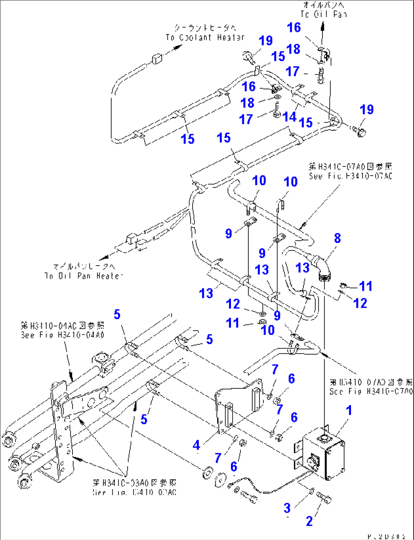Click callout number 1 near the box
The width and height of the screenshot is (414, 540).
coord(349,410)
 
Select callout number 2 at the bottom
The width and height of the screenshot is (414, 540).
coord(309,521)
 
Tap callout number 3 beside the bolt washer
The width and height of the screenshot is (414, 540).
coord(287,508)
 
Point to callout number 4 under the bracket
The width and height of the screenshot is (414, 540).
coord(196,445)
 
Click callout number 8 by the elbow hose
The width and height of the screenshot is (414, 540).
coord(337,238)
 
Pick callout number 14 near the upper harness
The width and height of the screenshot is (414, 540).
coord(289,117)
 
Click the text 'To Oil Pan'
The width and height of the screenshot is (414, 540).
coord(324,14)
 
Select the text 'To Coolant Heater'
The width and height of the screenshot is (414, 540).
coord(205,38)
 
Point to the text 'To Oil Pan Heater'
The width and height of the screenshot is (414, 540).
coord(84,276)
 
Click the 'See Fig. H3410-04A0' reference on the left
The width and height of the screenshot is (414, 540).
coord(62,335)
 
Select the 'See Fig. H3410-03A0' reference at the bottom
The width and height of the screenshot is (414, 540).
coord(134,492)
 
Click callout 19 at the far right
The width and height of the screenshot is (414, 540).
coord(367,110)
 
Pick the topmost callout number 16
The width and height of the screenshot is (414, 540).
coord(294,27)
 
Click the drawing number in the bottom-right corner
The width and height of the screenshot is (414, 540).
coord(387,536)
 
